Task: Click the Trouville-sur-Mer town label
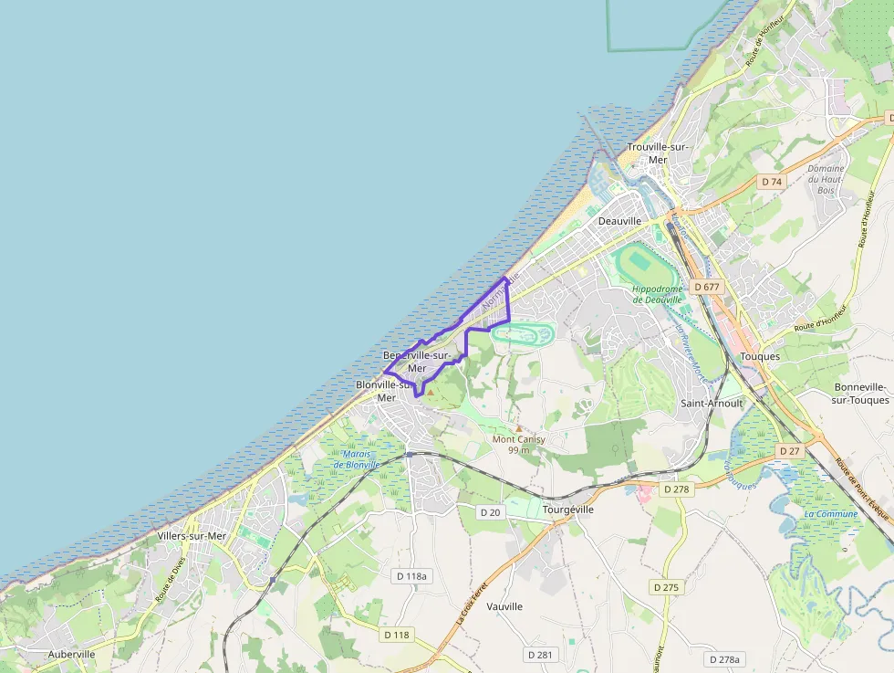(x=657, y=153)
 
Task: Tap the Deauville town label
(x=620, y=221)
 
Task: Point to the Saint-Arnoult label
(x=712, y=403)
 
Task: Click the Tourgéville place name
(x=567, y=510)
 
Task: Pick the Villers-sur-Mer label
(x=192, y=536)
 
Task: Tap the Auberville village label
(x=72, y=655)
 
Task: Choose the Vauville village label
(x=504, y=606)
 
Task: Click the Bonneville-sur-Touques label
(x=861, y=394)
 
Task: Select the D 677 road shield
(x=707, y=287)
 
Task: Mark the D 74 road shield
(x=772, y=182)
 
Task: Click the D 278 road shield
(x=676, y=489)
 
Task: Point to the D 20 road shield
(x=491, y=512)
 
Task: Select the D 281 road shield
(x=540, y=655)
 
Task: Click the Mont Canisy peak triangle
(x=518, y=428)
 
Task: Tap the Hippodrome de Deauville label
(x=657, y=294)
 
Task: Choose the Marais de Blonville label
(x=356, y=458)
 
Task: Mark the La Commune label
(x=830, y=514)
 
